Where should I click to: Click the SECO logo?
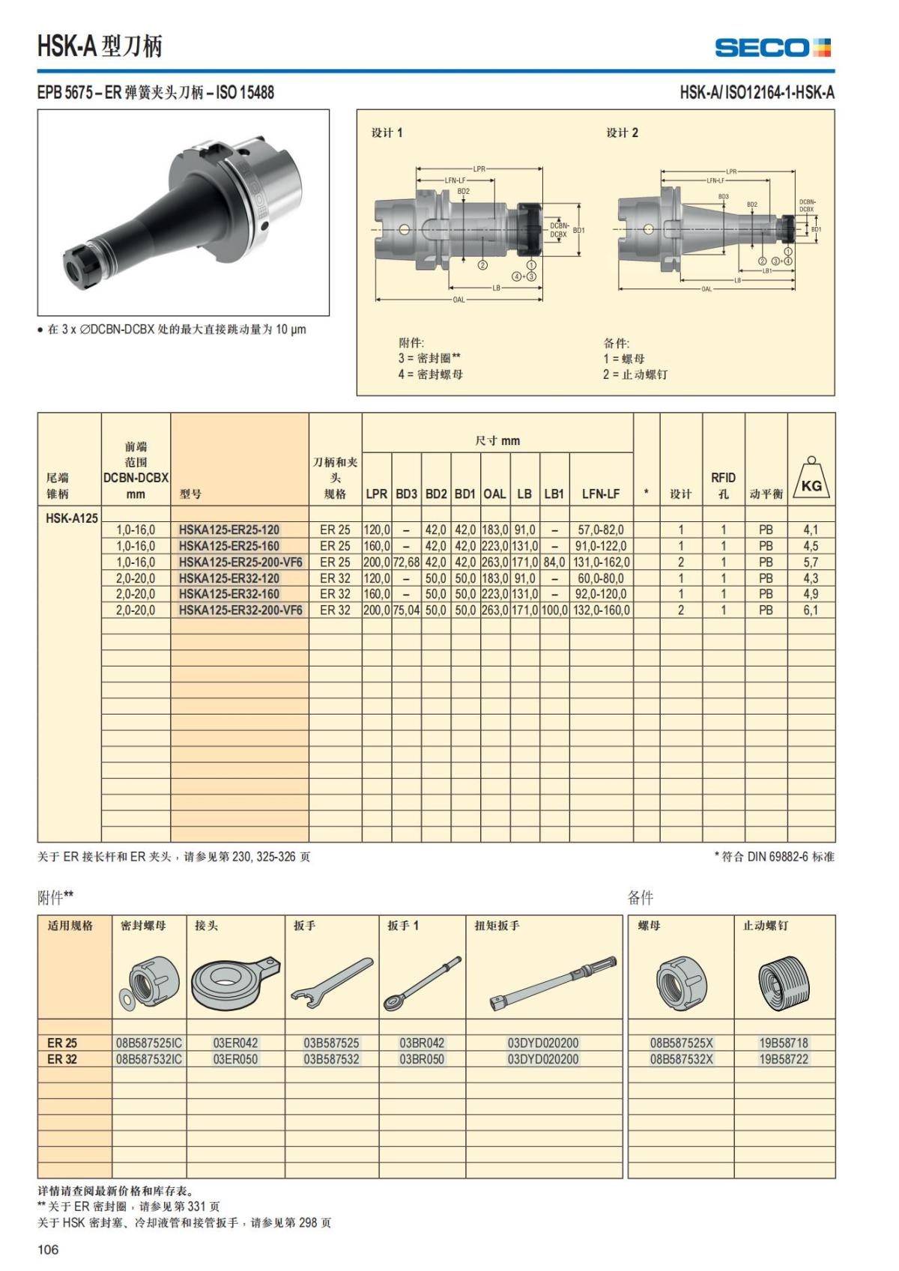click(772, 47)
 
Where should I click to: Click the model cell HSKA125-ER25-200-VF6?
click(240, 562)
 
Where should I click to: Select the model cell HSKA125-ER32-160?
click(229, 594)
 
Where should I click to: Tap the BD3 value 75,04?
click(406, 610)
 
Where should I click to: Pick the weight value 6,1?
click(811, 610)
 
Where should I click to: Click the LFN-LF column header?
click(601, 494)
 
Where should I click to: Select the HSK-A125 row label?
click(71, 518)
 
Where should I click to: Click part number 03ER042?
click(235, 1043)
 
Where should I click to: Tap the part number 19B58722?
click(784, 1059)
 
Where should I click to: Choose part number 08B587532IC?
click(149, 1059)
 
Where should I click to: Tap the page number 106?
click(47, 1249)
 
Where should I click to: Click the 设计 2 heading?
click(622, 133)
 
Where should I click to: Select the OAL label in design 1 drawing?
click(458, 300)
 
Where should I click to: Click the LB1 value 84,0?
click(554, 562)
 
